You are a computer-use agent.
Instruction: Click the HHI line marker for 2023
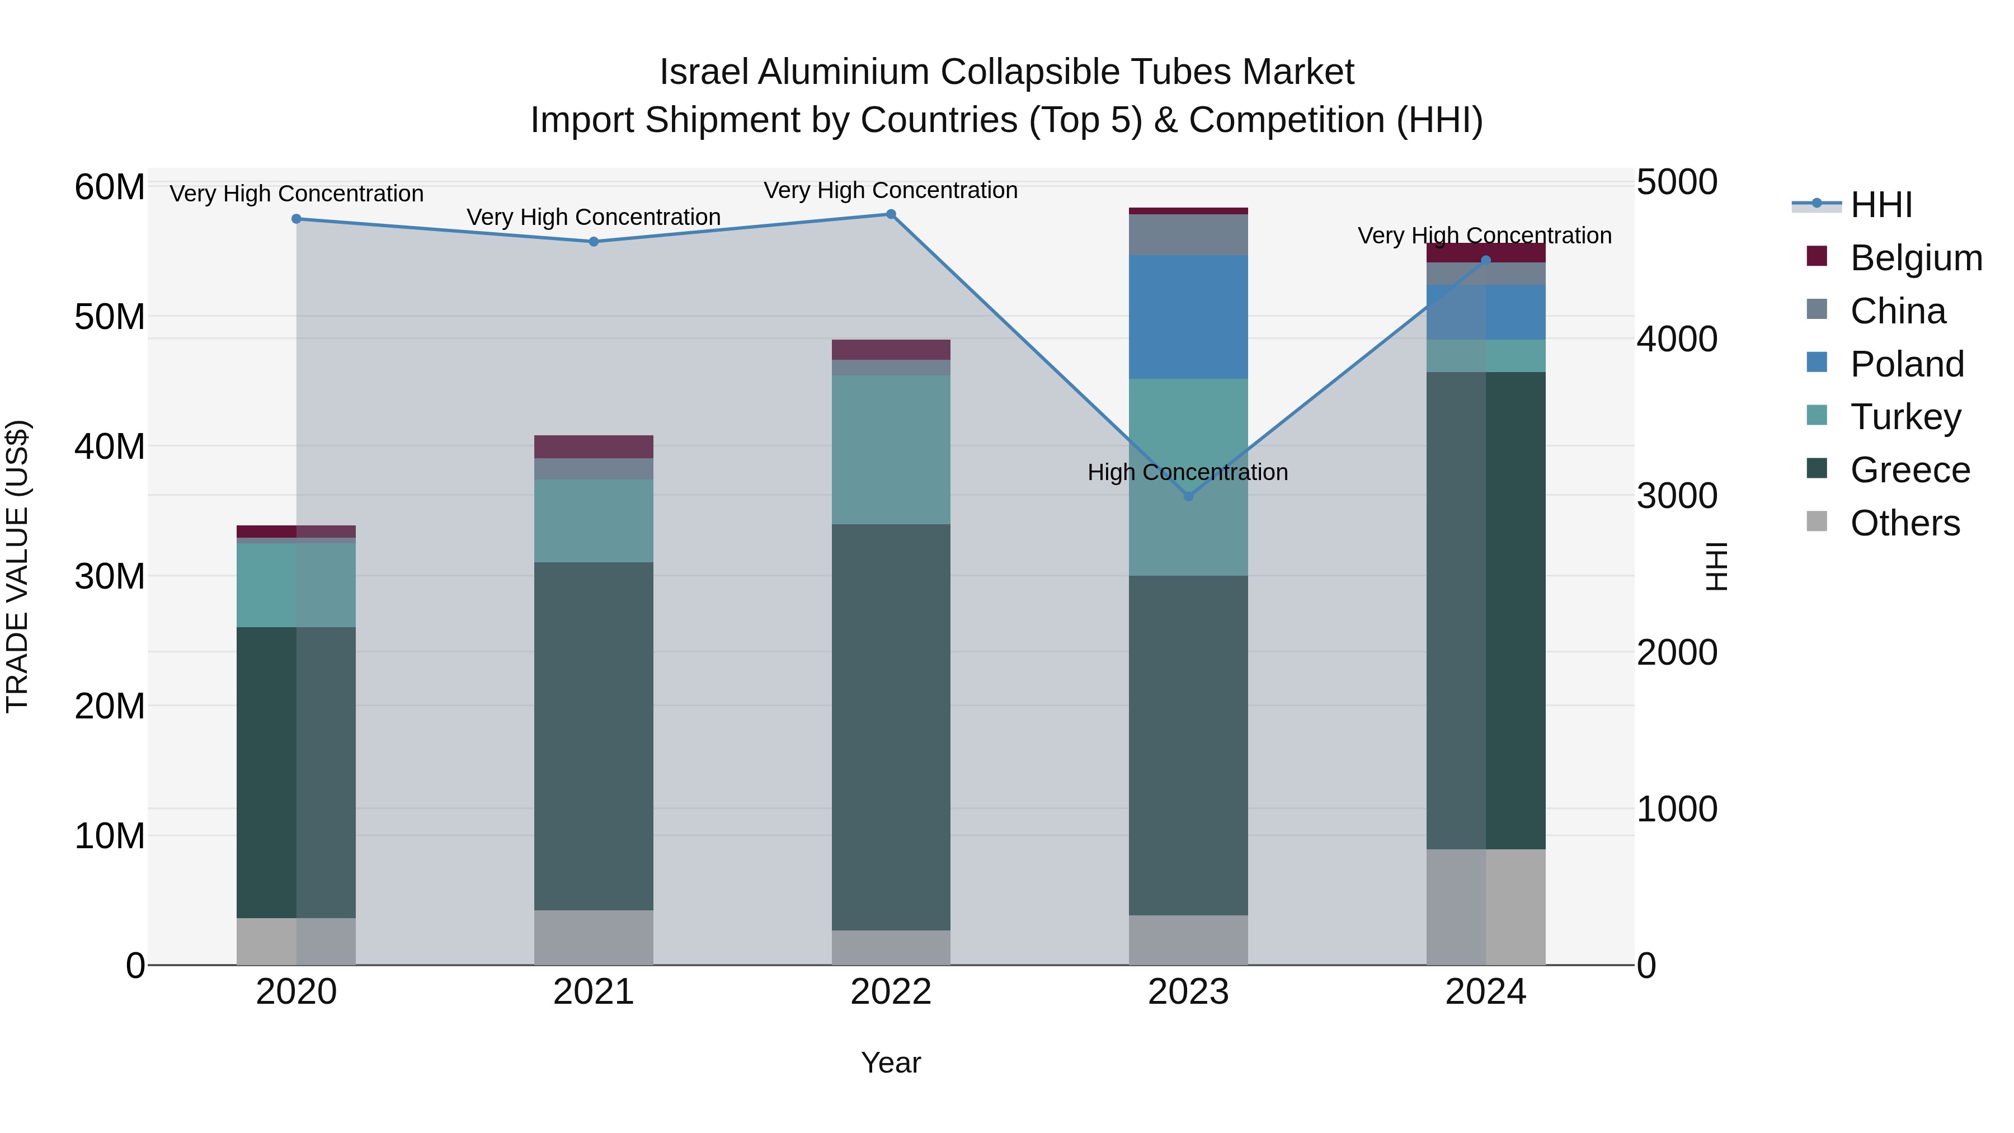coord(1188,496)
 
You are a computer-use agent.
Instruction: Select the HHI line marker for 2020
coord(297,219)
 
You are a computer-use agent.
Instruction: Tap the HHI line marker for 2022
coord(891,214)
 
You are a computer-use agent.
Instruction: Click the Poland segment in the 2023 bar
coord(1188,317)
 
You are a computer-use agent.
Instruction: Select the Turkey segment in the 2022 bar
coord(891,450)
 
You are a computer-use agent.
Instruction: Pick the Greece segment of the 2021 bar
coord(594,735)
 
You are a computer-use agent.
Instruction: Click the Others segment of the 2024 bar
coord(1485,907)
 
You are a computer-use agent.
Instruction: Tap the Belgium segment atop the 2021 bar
coord(594,446)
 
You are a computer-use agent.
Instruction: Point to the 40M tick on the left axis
coord(110,446)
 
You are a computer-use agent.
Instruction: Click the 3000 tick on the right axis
coord(1677,496)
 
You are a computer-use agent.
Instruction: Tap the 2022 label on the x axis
coord(891,992)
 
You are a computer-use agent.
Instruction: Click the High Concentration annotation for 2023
coord(1188,472)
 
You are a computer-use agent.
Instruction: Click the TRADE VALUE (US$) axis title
coord(17,566)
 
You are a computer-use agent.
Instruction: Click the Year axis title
coord(891,1063)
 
